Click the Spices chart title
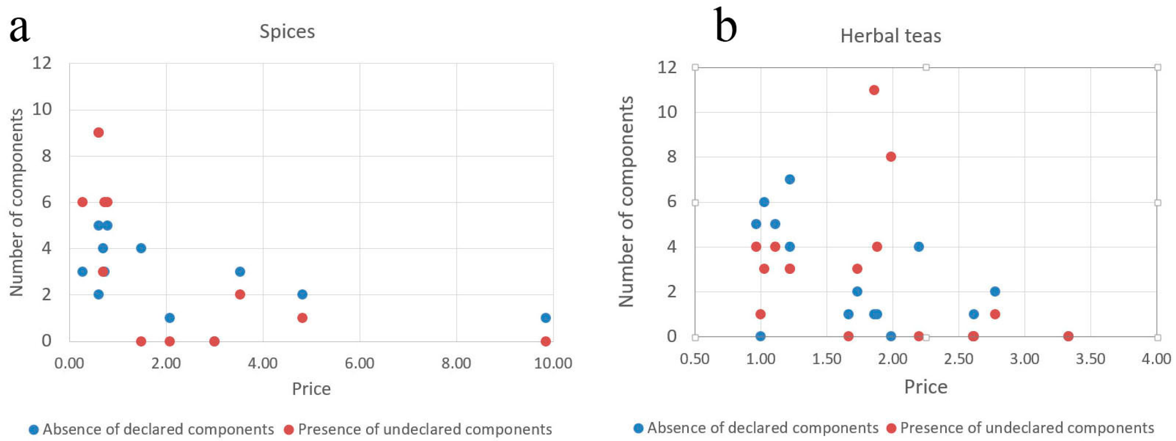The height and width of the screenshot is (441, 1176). point(287,31)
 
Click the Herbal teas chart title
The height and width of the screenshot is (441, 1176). point(890,36)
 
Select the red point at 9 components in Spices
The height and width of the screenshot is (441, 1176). point(99,133)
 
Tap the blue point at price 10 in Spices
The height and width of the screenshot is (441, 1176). point(545,318)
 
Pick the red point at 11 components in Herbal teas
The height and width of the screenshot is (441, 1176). point(874,90)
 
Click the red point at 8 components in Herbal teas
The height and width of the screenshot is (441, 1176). point(890,157)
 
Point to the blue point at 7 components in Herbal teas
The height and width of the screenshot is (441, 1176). point(790,179)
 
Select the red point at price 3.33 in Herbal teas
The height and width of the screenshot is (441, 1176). point(1068,336)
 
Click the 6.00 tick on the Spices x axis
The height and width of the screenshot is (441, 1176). point(359,363)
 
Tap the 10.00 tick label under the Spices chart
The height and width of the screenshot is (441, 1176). point(552,363)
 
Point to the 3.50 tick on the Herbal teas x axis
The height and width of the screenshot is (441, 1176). point(1090,359)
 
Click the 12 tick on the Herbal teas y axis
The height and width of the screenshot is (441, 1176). point(667,67)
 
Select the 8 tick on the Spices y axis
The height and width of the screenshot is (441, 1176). point(46,156)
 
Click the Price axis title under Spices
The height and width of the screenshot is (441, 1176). point(311,389)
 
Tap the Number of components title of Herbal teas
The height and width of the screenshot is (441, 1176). point(626,202)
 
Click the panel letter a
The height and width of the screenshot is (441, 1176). point(19,29)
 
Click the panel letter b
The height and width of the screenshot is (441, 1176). point(725,25)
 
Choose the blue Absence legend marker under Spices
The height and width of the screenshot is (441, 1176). point(34,429)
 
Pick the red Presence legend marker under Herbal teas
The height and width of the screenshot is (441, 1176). point(891,428)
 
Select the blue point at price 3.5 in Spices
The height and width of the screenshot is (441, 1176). point(240,272)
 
